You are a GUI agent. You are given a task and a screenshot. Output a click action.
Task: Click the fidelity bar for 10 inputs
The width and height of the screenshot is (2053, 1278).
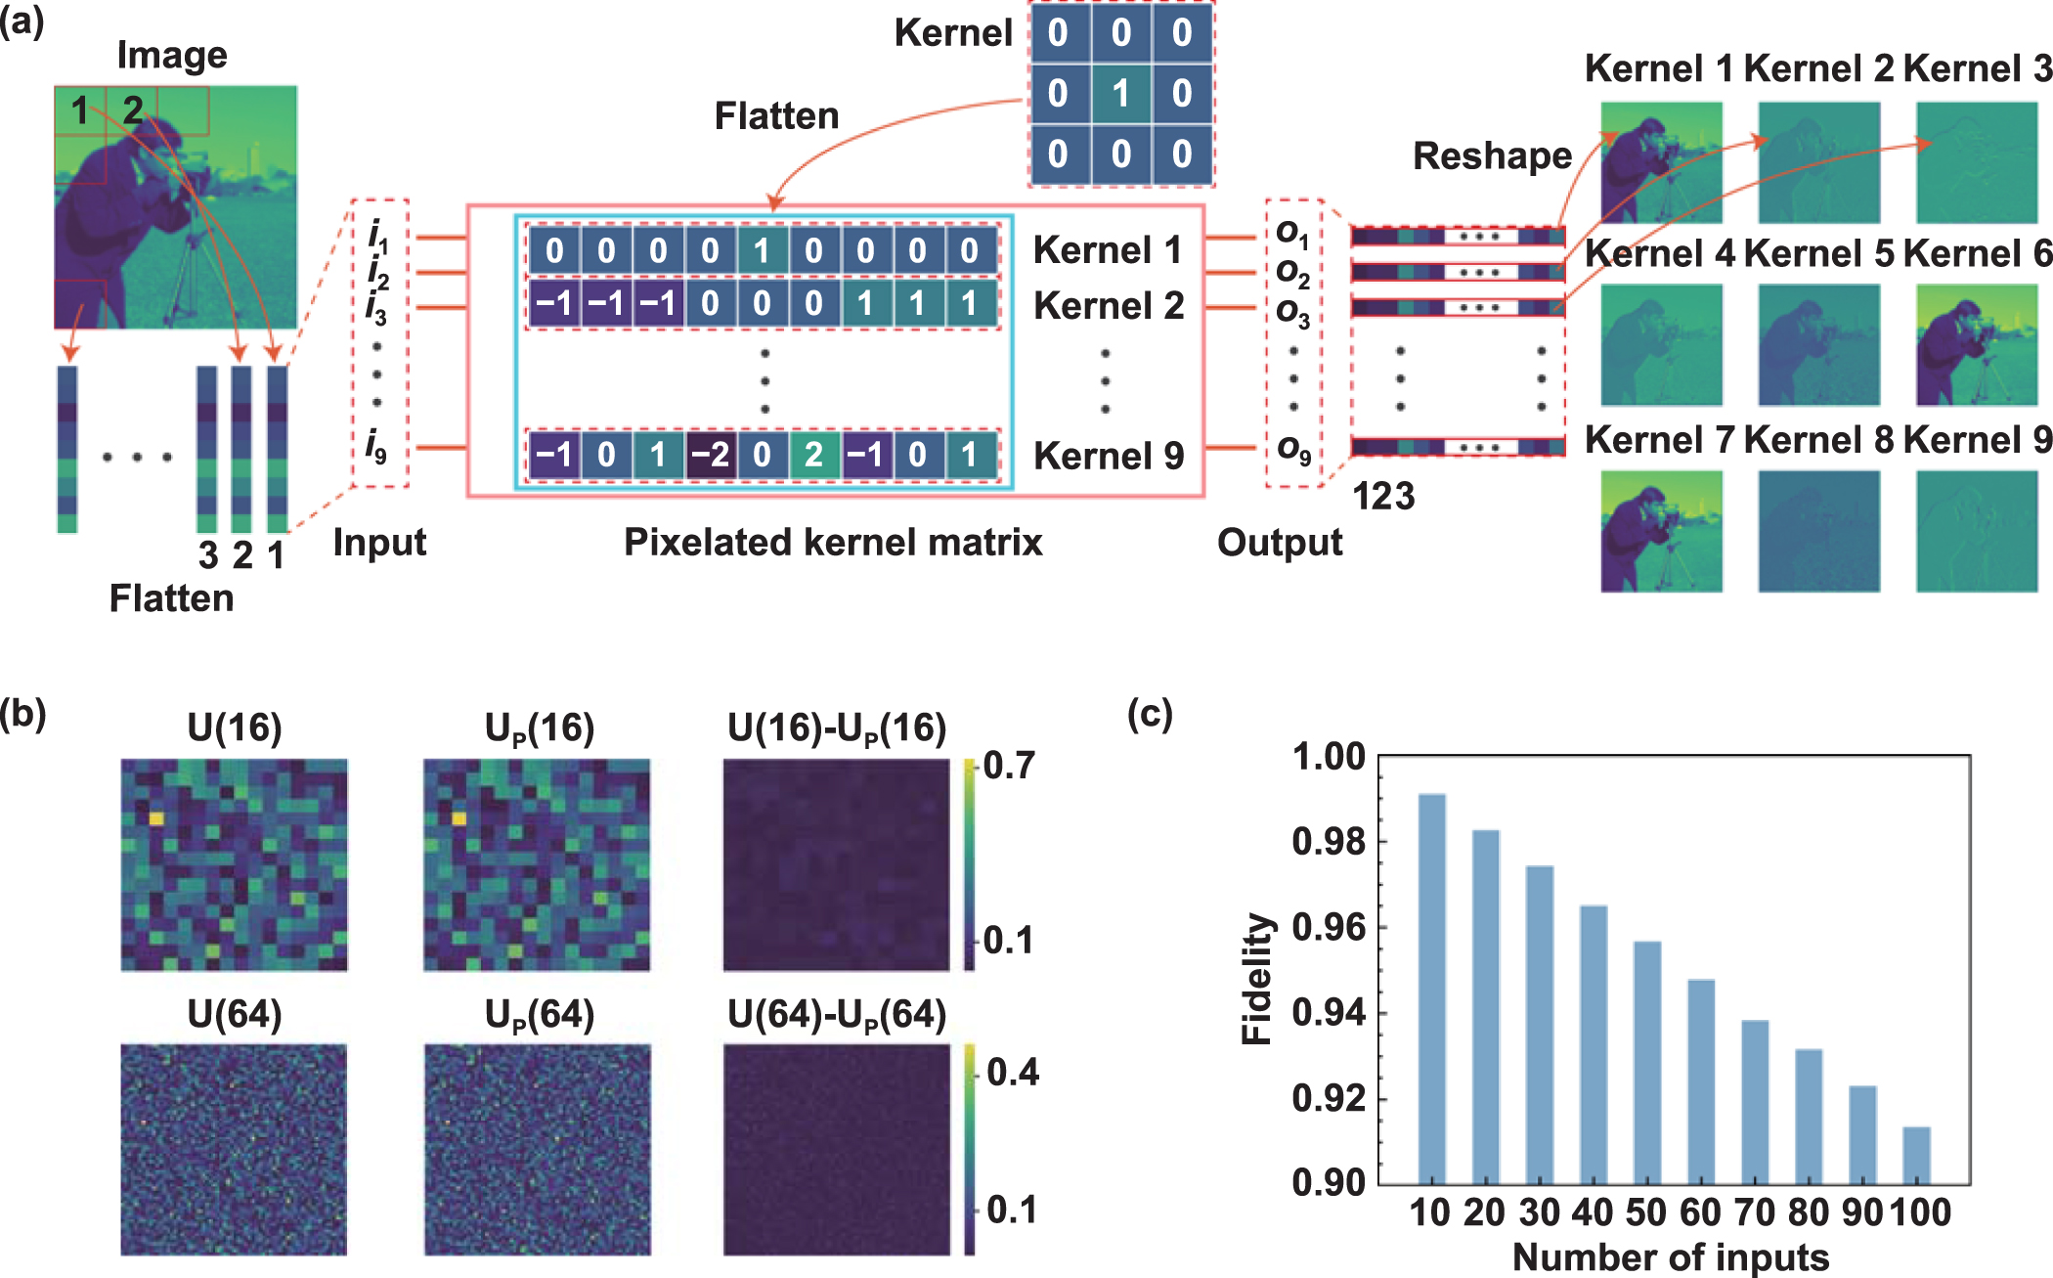coord(1431,988)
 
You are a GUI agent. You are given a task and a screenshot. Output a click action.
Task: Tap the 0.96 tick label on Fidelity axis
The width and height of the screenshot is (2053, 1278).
coord(1328,927)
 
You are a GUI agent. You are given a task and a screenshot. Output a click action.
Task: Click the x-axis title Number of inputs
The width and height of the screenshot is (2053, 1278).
coord(1670,1257)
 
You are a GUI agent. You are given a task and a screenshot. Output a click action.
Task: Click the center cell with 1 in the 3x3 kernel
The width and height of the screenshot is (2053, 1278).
coord(1120,94)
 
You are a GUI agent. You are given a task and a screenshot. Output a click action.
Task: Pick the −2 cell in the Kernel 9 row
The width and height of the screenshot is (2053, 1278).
coord(711,455)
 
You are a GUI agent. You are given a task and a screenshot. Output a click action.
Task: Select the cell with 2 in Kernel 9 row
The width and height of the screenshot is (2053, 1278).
coord(813,455)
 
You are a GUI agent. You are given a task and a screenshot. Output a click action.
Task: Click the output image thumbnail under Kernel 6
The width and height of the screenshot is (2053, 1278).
coord(1976,345)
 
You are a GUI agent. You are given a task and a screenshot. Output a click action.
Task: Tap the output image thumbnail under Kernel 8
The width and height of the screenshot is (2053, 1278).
coord(1818,531)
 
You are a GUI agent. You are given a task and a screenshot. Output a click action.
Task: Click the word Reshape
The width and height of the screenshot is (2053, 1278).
coord(1492,156)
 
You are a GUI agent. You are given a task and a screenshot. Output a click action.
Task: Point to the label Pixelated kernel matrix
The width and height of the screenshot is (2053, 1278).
coord(833,542)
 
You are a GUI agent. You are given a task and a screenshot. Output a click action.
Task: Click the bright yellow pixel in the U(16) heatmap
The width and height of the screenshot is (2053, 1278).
coord(156,817)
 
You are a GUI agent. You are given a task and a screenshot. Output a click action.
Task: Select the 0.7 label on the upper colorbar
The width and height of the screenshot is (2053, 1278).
coord(1008,766)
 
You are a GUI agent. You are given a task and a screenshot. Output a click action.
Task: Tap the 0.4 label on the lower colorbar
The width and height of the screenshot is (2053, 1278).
coord(1012,1073)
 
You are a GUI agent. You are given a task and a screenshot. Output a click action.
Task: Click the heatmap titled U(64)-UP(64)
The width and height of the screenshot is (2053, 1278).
coord(836,1149)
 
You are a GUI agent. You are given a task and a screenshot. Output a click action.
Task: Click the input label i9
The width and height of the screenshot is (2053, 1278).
coord(376,448)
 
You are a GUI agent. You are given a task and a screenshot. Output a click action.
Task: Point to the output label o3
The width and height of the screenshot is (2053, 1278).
coord(1292,310)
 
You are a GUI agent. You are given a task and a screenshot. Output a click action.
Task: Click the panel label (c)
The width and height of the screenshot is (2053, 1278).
coord(1150,715)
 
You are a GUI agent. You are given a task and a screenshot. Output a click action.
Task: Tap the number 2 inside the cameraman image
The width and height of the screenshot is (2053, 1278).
coord(133,110)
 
